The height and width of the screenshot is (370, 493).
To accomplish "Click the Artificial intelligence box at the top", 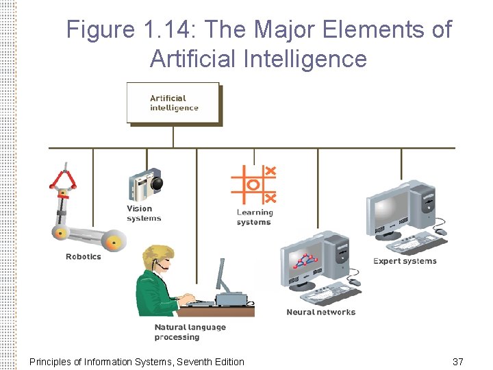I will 173,103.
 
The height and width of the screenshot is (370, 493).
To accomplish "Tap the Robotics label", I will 83,257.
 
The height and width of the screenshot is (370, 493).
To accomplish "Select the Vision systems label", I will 144,214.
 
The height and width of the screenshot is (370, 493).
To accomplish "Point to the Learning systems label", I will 254,217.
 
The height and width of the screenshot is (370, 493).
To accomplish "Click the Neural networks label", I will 320,312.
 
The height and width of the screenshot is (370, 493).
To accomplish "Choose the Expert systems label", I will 404,261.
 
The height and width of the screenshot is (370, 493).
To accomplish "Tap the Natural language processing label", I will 189,332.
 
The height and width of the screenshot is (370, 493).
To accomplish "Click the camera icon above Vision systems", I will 145,184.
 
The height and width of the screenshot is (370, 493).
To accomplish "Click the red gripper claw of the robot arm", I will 63,180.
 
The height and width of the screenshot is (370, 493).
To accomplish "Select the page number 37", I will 458,361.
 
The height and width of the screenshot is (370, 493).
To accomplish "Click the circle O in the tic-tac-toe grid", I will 253,184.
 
